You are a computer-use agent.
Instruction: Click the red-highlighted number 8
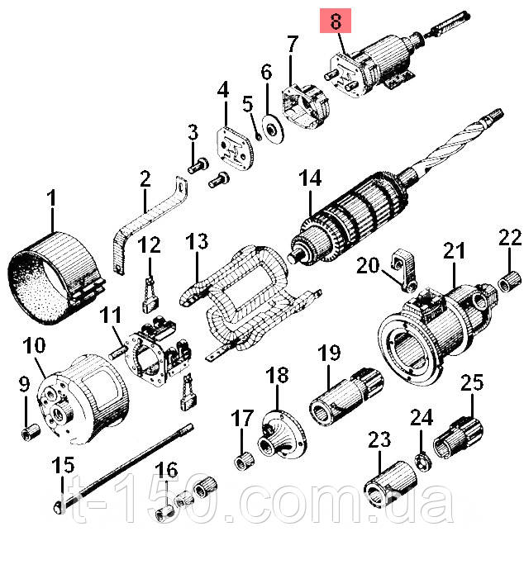(336, 21)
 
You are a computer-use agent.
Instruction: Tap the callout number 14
(310, 178)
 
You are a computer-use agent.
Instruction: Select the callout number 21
(454, 250)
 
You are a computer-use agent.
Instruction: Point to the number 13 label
(197, 242)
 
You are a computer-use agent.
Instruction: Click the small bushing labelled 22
(510, 282)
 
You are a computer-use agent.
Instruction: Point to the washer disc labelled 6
(273, 129)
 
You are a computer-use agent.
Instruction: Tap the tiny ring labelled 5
(259, 137)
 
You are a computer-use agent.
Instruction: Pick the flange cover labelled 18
(283, 434)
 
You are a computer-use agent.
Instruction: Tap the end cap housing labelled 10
(83, 398)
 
